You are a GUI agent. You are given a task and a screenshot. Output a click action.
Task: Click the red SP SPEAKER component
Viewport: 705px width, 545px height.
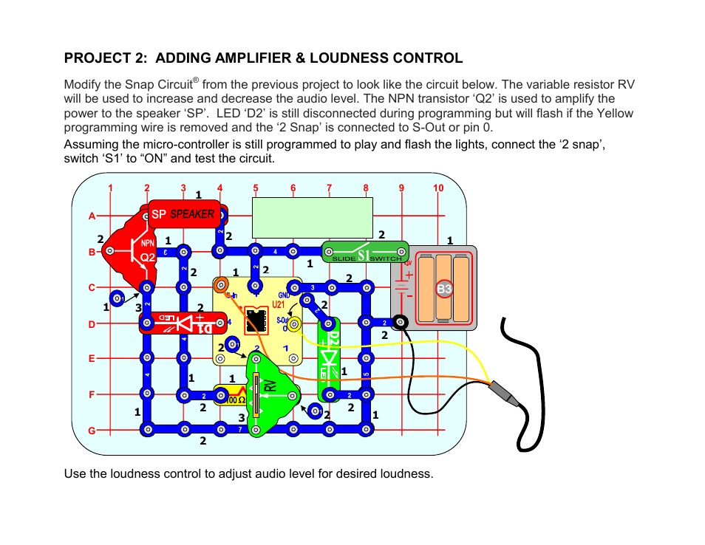tap(184, 213)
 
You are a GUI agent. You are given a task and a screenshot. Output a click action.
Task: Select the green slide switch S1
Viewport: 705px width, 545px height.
tap(366, 253)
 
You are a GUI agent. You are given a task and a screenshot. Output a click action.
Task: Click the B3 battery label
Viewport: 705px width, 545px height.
tap(443, 289)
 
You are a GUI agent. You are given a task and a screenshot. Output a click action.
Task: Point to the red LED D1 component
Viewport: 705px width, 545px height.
tap(177, 323)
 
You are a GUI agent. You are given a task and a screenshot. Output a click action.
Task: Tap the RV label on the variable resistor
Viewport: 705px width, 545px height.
tap(270, 383)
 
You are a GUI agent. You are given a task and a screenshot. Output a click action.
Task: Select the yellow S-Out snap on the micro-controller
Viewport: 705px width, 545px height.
tap(293, 323)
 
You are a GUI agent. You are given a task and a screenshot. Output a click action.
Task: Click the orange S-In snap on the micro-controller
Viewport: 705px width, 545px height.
tap(220, 284)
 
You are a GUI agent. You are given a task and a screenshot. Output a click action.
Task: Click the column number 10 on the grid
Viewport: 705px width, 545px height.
tap(438, 188)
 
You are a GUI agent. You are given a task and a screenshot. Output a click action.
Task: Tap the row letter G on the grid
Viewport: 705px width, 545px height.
tap(92, 430)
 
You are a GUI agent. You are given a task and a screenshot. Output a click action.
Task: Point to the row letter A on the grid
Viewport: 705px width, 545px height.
tap(92, 216)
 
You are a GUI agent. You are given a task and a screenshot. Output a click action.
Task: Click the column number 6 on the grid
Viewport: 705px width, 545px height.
tap(293, 188)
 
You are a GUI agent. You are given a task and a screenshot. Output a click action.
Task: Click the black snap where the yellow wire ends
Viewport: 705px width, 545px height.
tap(401, 322)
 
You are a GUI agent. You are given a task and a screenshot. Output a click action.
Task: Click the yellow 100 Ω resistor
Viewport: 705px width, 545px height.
tap(230, 396)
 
